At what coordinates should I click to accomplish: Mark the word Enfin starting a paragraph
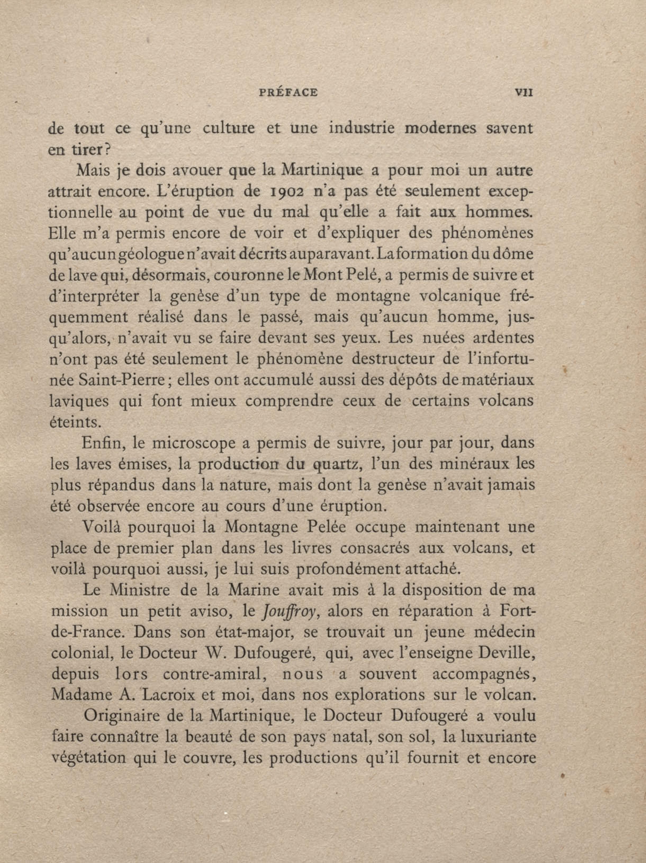tap(102, 444)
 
